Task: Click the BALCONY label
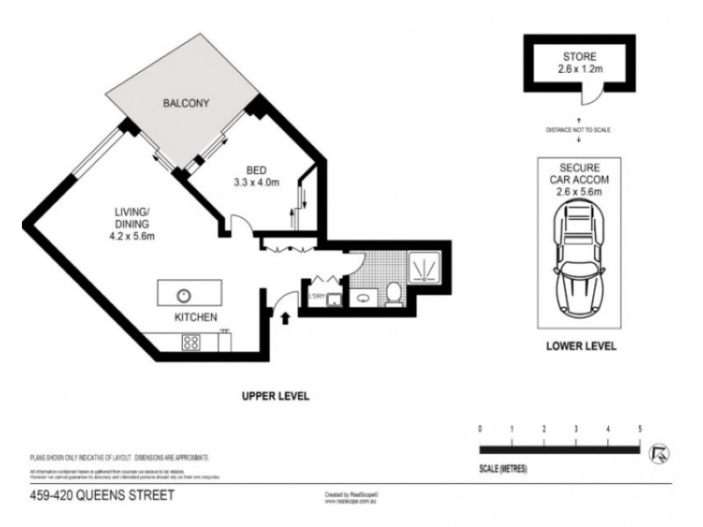[x=185, y=104]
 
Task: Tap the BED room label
[x=256, y=170]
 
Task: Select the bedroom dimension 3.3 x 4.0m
[x=256, y=183]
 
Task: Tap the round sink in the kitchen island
[x=185, y=294]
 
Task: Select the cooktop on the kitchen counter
[x=190, y=343]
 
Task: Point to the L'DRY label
[x=315, y=293]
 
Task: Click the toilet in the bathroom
[x=395, y=293]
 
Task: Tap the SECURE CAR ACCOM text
[x=576, y=173]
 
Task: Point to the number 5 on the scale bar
[x=640, y=429]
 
